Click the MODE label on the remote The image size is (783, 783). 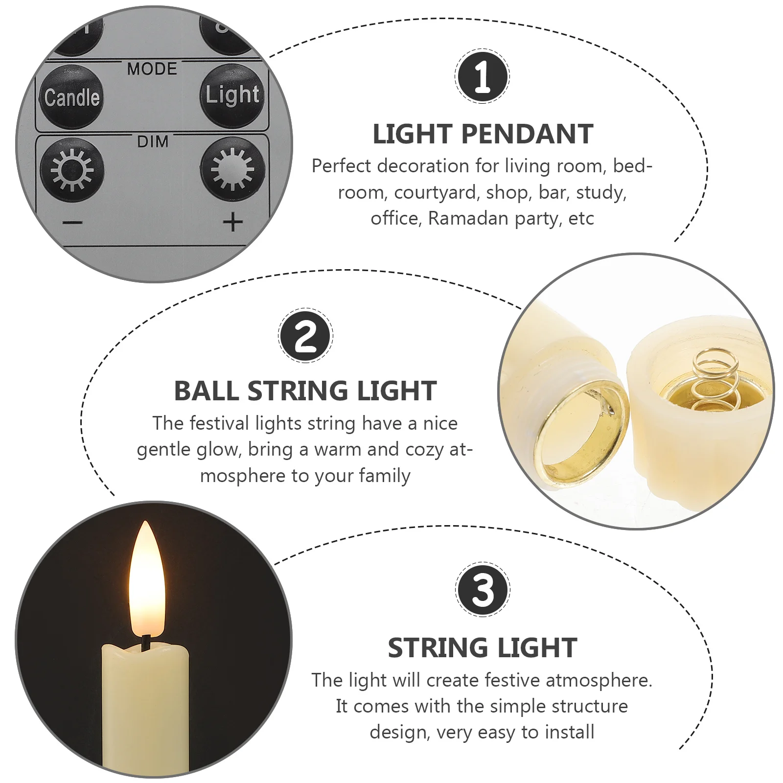pyautogui.click(x=152, y=69)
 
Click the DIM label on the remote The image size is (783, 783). pyautogui.click(x=153, y=142)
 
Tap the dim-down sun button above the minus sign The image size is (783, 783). pyautogui.click(x=72, y=170)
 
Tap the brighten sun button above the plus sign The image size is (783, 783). pyautogui.click(x=232, y=169)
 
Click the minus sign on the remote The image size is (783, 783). pyautogui.click(x=72, y=223)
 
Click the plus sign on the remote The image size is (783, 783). pyautogui.click(x=232, y=222)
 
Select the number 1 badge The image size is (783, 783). pyautogui.click(x=482, y=76)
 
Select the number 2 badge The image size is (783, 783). pyautogui.click(x=306, y=336)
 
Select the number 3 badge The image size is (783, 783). pyautogui.click(x=483, y=589)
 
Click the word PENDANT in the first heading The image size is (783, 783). pyautogui.click(x=527, y=135)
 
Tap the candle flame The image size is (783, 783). pyautogui.click(x=146, y=582)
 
